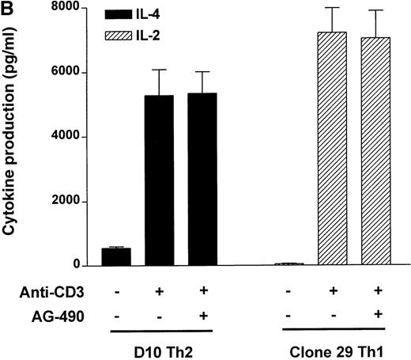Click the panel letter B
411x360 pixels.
click(x=8, y=9)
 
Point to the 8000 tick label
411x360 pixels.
click(x=70, y=8)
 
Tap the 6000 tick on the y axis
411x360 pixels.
click(x=70, y=73)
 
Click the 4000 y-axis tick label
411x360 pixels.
click(x=70, y=137)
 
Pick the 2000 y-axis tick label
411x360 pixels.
click(x=70, y=202)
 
